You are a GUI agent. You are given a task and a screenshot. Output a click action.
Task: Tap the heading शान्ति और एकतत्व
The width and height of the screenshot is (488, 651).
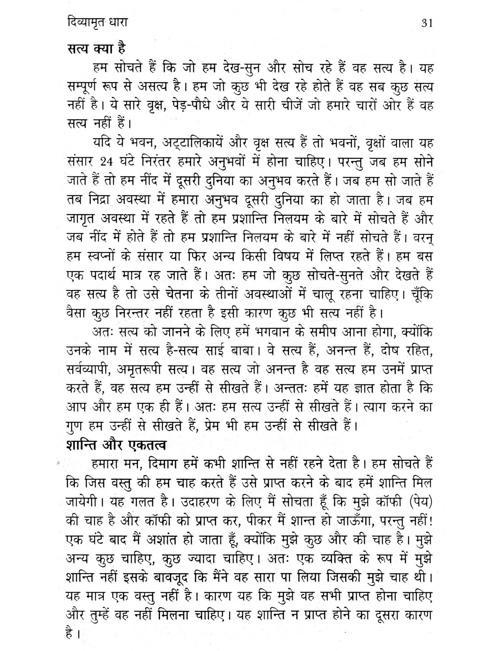pos(116,445)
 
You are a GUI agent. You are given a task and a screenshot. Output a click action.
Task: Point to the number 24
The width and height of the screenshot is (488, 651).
pos(106,162)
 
